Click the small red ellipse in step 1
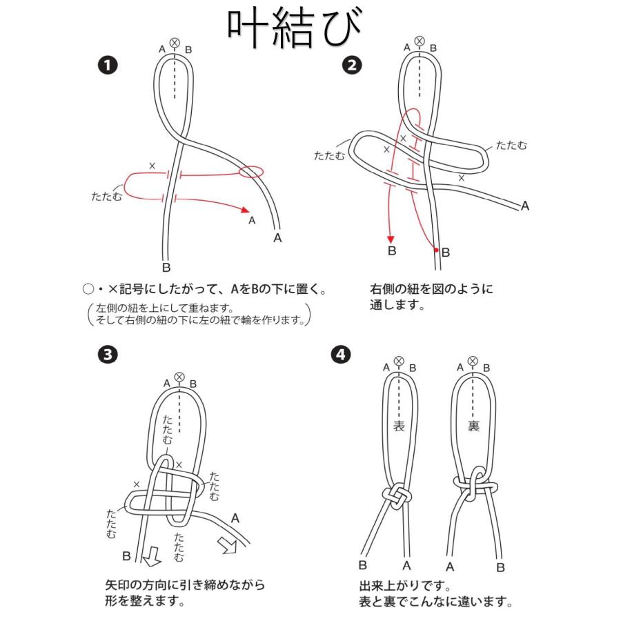252,171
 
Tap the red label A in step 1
251,221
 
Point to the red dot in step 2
437,250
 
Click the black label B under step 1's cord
166,267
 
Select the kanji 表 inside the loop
399,426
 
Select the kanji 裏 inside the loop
473,426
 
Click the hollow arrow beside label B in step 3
150,553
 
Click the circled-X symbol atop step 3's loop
179,376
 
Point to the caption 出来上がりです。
405,586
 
